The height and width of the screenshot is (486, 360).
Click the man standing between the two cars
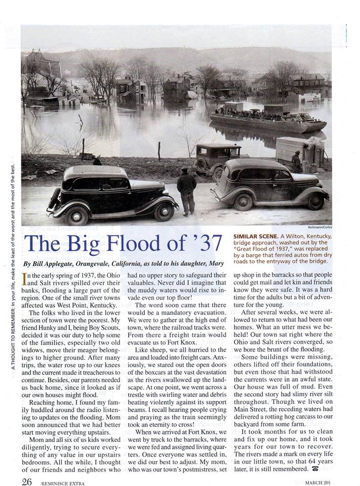coord(187,191)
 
